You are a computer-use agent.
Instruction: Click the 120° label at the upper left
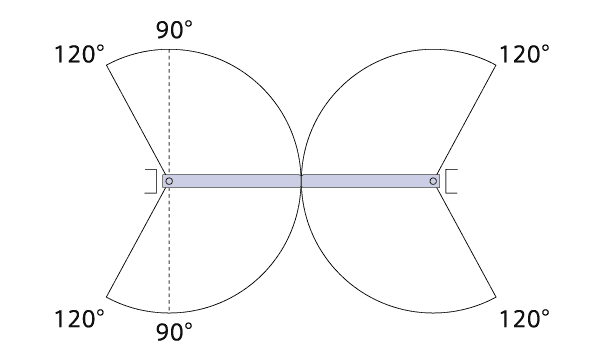(x=80, y=54)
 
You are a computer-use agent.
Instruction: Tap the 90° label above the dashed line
(x=174, y=30)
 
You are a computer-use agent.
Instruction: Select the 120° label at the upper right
(x=525, y=54)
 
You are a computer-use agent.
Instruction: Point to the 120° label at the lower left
(x=80, y=319)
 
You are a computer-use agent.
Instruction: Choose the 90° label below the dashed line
(x=174, y=332)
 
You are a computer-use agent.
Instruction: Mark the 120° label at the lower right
(x=525, y=319)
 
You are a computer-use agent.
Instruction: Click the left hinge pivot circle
(x=169, y=181)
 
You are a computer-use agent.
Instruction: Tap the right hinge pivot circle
(x=433, y=181)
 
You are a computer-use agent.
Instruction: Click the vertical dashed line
(x=169, y=181)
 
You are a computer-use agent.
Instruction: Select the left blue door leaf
(x=232, y=181)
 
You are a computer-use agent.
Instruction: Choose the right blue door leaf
(x=370, y=181)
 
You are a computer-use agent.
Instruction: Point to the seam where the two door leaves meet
(x=302, y=181)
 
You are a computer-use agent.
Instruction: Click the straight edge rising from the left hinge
(x=136, y=120)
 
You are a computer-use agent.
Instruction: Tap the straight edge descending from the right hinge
(x=466, y=242)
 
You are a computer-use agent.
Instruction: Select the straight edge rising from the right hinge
(x=466, y=120)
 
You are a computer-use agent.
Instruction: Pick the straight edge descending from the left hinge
(x=136, y=242)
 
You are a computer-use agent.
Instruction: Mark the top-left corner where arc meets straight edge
(x=106, y=65)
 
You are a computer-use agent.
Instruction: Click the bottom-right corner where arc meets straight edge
(x=496, y=296)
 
